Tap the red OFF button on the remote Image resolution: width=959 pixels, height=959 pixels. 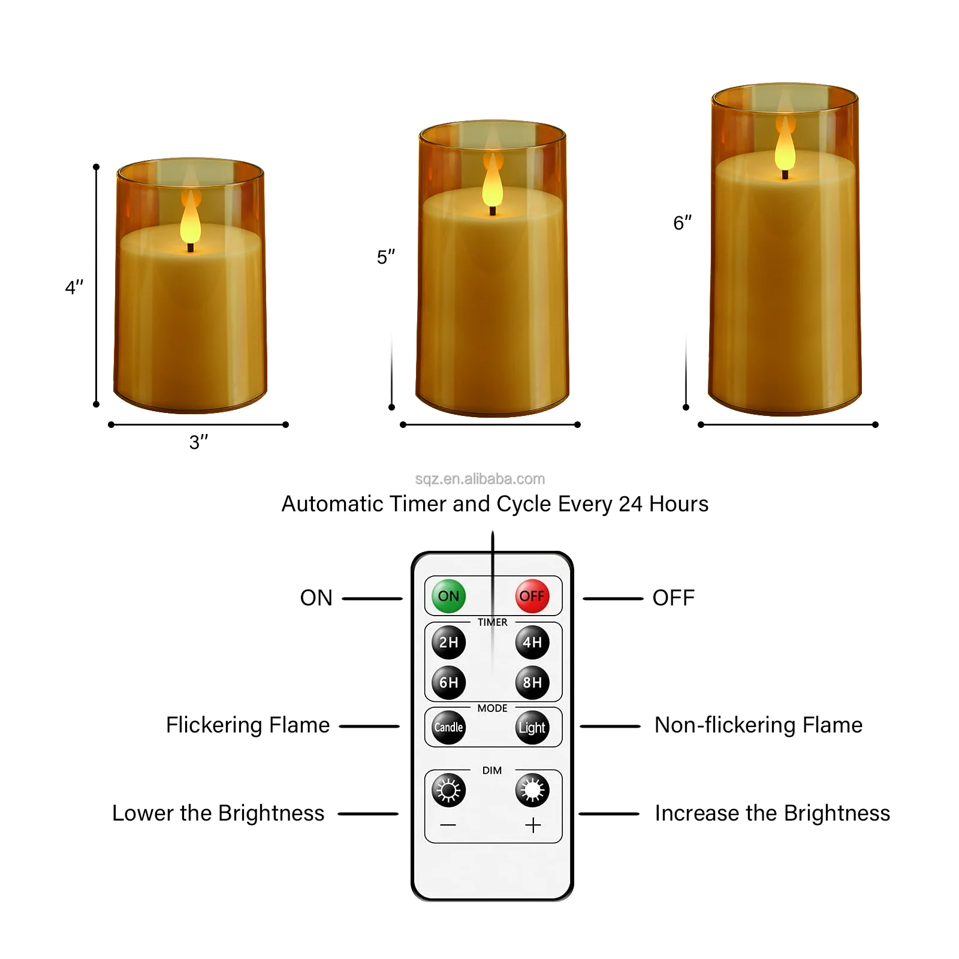pyautogui.click(x=532, y=596)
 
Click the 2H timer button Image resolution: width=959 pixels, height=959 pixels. pyautogui.click(x=448, y=642)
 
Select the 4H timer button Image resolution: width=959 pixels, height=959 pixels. pyautogui.click(x=532, y=642)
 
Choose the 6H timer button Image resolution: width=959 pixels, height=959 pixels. pyautogui.click(x=448, y=682)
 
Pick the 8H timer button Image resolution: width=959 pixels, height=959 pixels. pyautogui.click(x=532, y=682)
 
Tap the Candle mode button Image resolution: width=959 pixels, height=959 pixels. pyautogui.click(x=448, y=727)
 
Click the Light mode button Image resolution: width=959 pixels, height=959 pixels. pyautogui.click(x=532, y=727)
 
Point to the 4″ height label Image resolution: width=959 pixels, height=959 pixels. pyautogui.click(x=74, y=288)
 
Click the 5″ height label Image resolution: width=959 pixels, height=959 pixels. pyautogui.click(x=385, y=257)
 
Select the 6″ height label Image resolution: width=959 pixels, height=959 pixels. pyautogui.click(x=682, y=223)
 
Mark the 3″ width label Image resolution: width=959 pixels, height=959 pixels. pyautogui.click(x=198, y=442)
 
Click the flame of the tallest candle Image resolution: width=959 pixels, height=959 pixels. pyautogui.click(x=785, y=147)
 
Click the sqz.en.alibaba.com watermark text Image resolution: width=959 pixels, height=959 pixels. pyautogui.click(x=479, y=479)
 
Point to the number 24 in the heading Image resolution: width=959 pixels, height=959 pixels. pyautogui.click(x=631, y=504)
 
